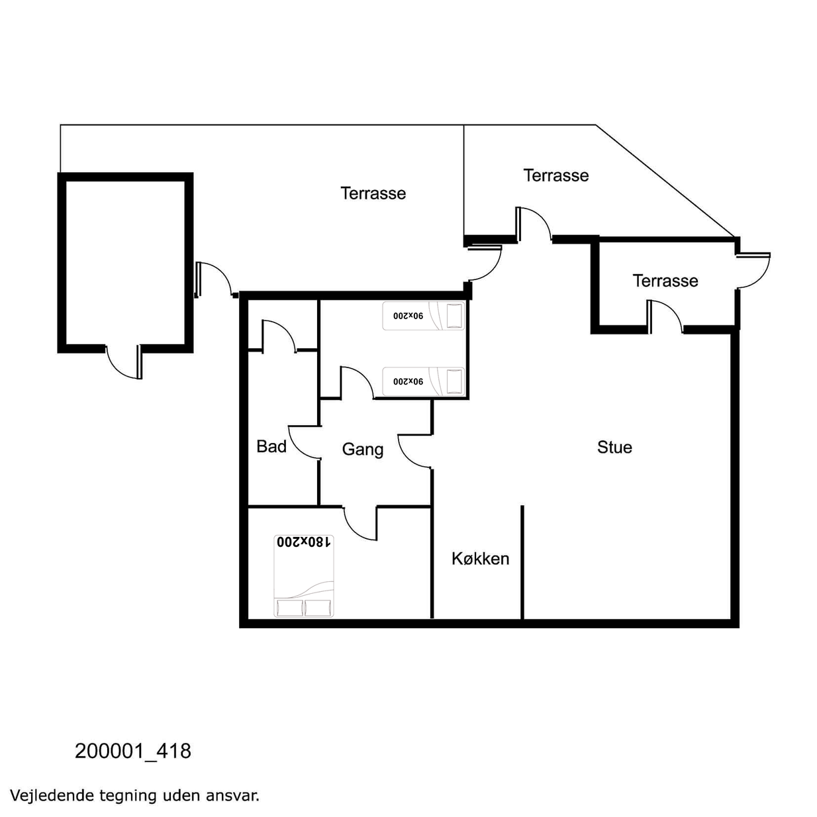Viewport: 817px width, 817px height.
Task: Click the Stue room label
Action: (x=614, y=448)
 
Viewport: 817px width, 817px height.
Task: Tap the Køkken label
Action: (x=481, y=559)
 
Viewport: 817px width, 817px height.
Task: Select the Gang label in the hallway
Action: (x=363, y=450)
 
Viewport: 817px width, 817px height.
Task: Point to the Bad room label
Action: (x=271, y=446)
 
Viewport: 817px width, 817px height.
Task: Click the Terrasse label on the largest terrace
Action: (x=373, y=193)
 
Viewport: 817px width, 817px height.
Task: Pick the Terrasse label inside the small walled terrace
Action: (x=665, y=281)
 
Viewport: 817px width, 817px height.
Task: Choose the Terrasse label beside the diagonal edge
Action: (x=556, y=175)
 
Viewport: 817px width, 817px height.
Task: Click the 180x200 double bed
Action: (x=304, y=576)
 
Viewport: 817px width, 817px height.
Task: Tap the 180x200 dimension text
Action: (x=303, y=542)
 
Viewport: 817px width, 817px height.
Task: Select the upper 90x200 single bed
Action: (x=424, y=316)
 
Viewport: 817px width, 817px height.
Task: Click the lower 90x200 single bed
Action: (x=424, y=381)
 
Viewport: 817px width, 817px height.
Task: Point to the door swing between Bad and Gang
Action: (x=304, y=442)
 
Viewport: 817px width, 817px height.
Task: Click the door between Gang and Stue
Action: (x=414, y=452)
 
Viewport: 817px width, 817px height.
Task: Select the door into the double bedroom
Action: (x=360, y=523)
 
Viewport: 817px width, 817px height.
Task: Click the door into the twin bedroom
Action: (x=357, y=383)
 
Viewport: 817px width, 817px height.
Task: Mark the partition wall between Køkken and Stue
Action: (x=522, y=562)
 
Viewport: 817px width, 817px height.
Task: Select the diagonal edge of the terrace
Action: (x=665, y=181)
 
